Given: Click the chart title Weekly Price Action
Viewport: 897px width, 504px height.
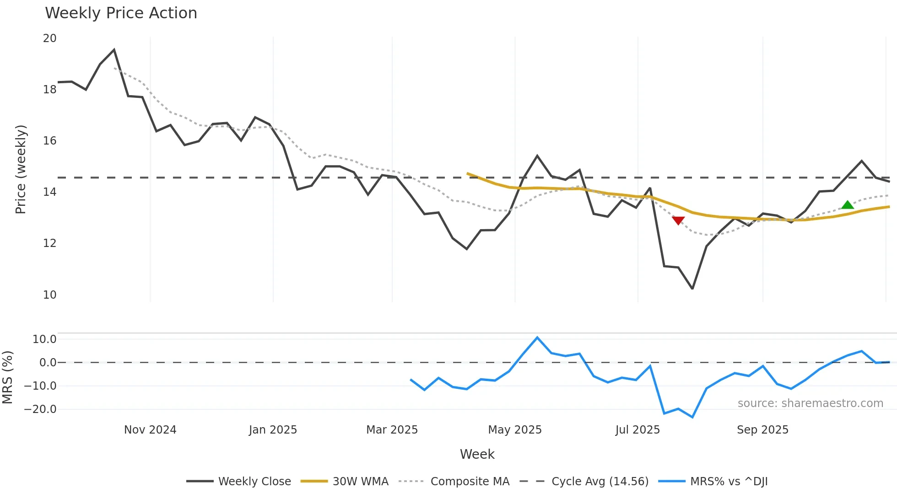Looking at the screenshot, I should click(x=121, y=13).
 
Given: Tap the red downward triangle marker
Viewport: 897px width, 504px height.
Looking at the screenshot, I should click(x=678, y=220).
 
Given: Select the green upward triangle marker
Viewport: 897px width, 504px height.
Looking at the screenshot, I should click(x=848, y=205).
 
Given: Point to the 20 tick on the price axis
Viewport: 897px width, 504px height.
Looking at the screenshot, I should click(x=50, y=38).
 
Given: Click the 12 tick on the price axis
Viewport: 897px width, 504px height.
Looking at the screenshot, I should click(x=50, y=243).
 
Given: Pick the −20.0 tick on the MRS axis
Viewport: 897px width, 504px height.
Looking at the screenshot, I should click(x=40, y=409).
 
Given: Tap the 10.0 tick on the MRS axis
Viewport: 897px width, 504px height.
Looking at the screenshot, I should click(x=44, y=339).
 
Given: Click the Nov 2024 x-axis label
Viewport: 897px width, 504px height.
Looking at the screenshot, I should click(x=150, y=430).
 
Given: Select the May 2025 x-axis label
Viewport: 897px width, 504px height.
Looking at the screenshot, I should click(x=515, y=430).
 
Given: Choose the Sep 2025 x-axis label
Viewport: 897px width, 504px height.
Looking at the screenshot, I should click(x=762, y=430).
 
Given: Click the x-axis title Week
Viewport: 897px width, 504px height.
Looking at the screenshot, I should click(x=477, y=454).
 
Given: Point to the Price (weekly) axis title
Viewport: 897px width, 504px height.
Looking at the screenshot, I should click(x=21, y=169).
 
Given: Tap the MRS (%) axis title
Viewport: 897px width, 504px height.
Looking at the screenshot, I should click(x=7, y=377).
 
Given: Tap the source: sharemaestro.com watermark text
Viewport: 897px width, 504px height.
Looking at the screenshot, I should click(x=810, y=403).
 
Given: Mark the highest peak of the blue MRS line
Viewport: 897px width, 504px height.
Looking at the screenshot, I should click(x=537, y=338).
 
